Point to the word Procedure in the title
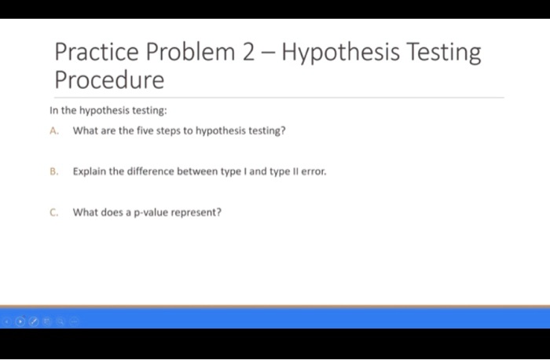click(x=109, y=80)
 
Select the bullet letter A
click(x=53, y=131)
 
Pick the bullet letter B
click(x=53, y=171)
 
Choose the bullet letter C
click(x=53, y=211)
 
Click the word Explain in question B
click(x=89, y=171)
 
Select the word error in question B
click(x=313, y=171)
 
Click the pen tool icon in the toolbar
click(x=32, y=321)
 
